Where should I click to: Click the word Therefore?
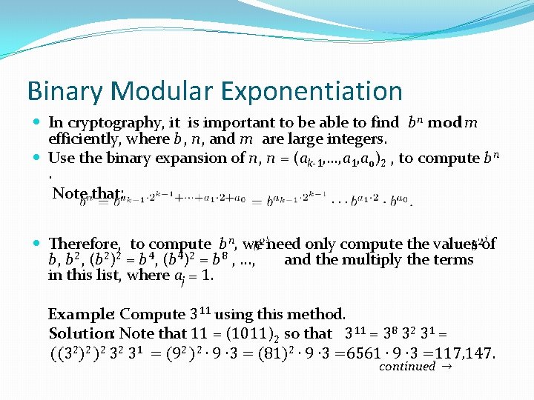84,244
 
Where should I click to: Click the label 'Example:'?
82,314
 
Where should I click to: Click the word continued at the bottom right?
406,367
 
